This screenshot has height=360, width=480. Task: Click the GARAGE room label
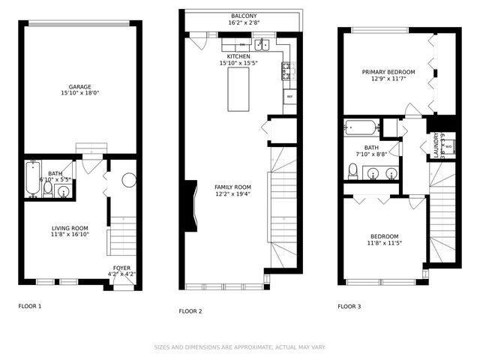pos(80,86)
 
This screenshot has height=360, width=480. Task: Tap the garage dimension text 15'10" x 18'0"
pos(80,94)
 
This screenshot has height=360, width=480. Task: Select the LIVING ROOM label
pos(70,228)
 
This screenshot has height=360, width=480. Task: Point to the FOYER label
pos(121,268)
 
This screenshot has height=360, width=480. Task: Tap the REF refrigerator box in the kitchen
pos(289,97)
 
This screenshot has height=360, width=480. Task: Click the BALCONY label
pos(243,16)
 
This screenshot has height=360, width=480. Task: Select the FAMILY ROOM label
pos(232,187)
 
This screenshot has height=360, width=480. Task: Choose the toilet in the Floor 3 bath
pos(352,172)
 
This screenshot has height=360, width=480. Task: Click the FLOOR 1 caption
pos(30,306)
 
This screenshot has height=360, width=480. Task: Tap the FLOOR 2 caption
pos(190,311)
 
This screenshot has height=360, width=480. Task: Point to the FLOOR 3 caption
pos(349,306)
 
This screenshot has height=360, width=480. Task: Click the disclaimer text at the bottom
pos(240,347)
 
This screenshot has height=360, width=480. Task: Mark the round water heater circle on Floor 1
pos(128,181)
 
